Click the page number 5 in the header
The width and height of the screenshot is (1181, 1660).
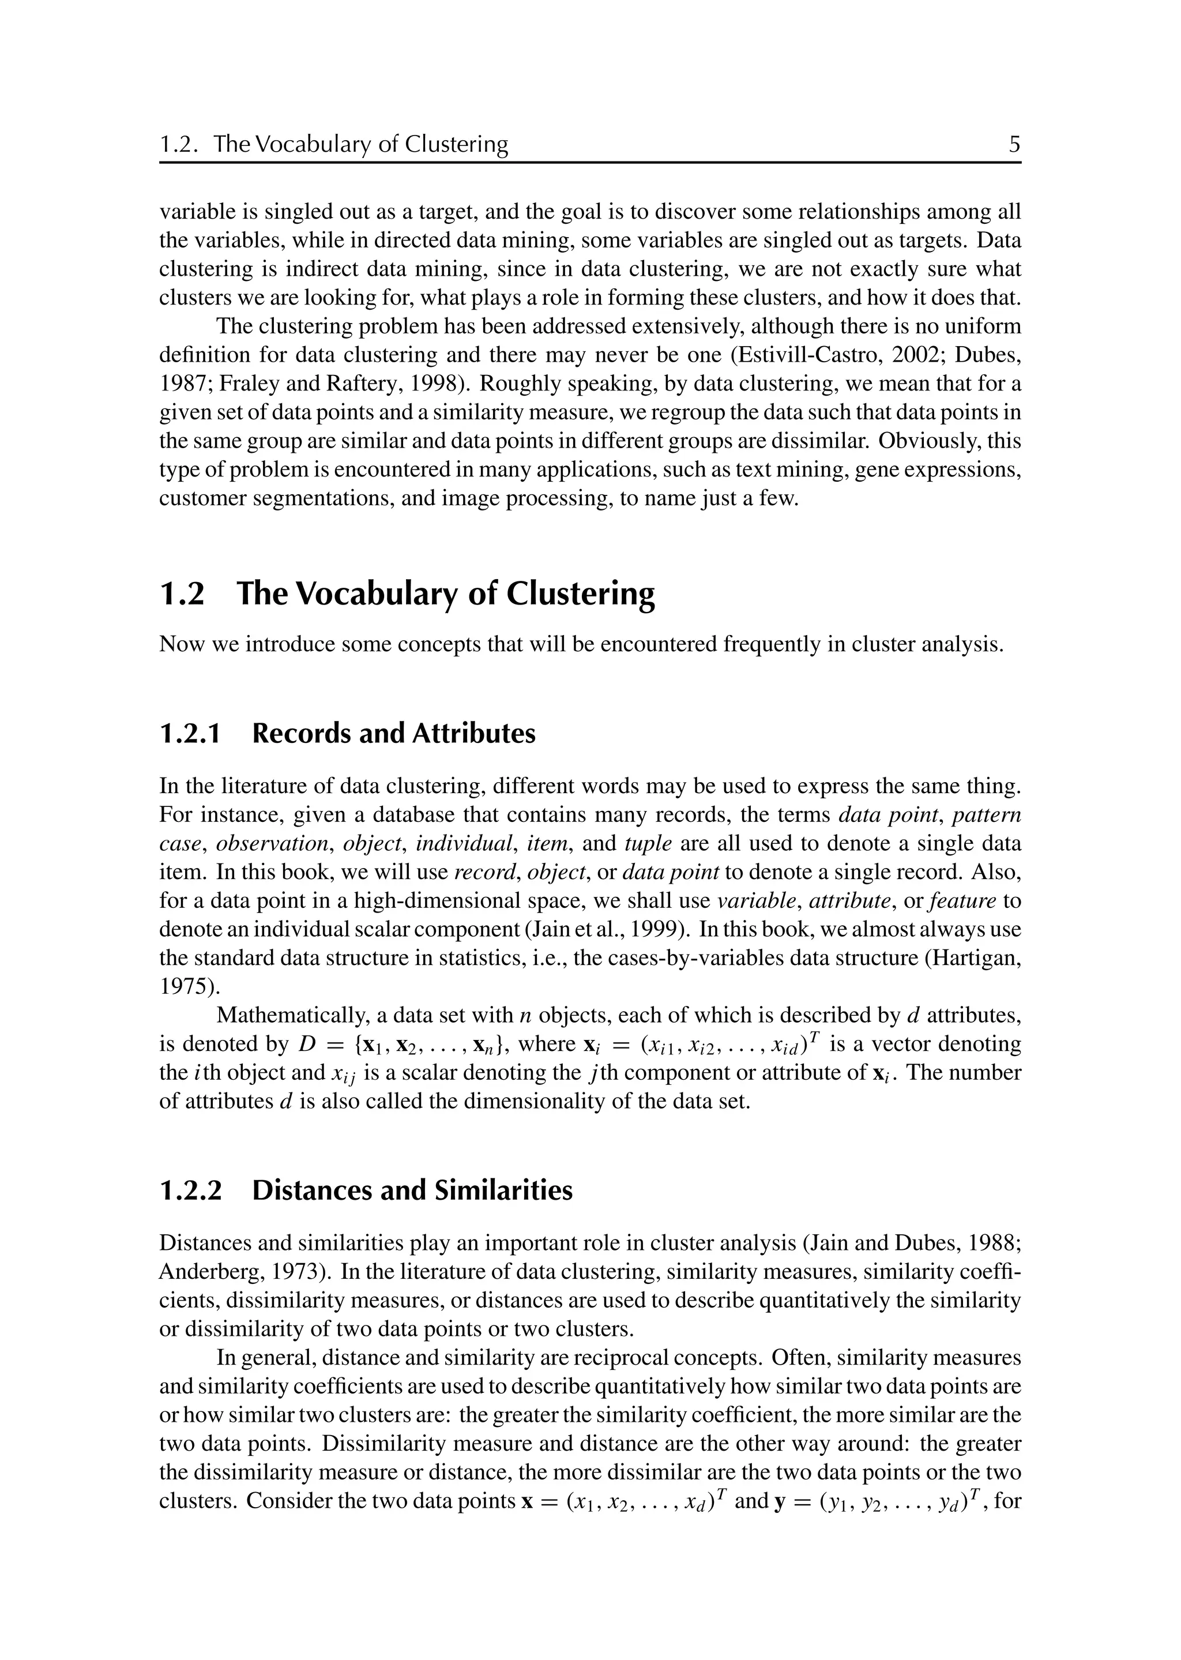tap(1014, 145)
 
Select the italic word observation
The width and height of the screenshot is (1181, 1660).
tap(272, 844)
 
